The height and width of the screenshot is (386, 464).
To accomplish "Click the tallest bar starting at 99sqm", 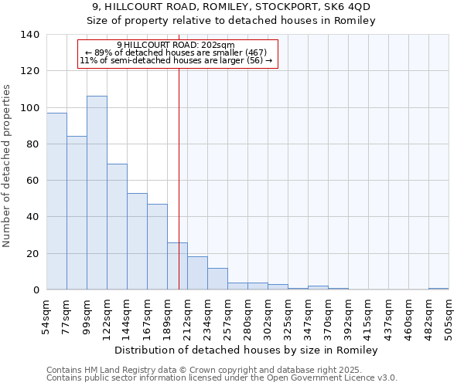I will coord(97,193).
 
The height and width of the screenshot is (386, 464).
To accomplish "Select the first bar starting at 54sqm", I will coord(56,201).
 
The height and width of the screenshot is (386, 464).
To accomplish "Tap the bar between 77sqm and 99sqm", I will coord(77,212).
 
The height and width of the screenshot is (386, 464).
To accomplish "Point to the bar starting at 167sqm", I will coord(157,246).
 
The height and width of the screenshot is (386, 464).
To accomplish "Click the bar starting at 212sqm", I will coord(197,273).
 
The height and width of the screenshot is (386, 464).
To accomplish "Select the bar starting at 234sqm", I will coord(217,279).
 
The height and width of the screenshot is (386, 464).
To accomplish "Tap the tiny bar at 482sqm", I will coord(438,289).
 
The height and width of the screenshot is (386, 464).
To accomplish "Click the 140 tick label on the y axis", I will coord(30,35).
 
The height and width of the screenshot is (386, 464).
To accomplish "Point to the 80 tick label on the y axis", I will coord(32,144).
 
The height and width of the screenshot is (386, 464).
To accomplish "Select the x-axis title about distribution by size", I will coord(247,350).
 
